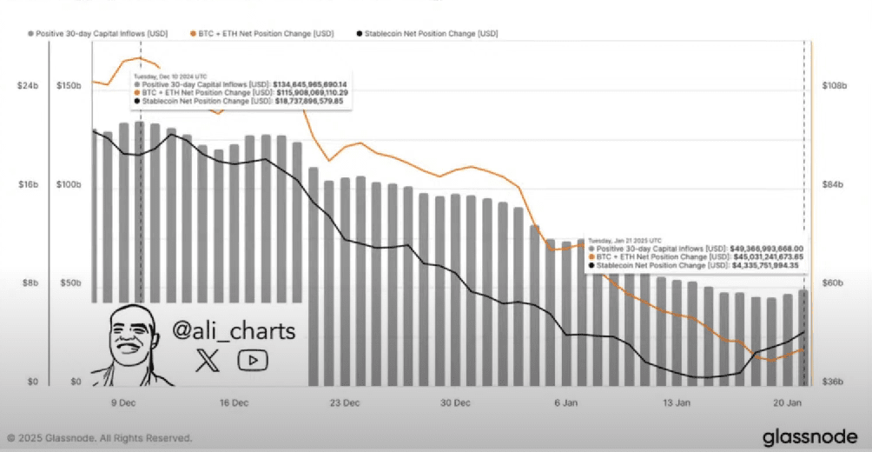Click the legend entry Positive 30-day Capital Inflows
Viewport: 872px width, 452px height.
(x=97, y=33)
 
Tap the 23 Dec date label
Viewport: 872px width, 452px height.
(x=345, y=403)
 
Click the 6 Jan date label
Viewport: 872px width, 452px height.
(x=566, y=403)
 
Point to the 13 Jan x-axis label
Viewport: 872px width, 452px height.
(x=677, y=403)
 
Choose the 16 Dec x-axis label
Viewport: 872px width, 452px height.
(x=234, y=403)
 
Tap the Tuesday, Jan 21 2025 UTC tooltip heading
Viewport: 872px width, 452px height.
(x=625, y=240)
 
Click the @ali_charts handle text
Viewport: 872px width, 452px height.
(x=235, y=331)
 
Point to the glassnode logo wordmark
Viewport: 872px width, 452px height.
(x=810, y=437)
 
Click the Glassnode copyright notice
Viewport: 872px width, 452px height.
(x=99, y=438)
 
